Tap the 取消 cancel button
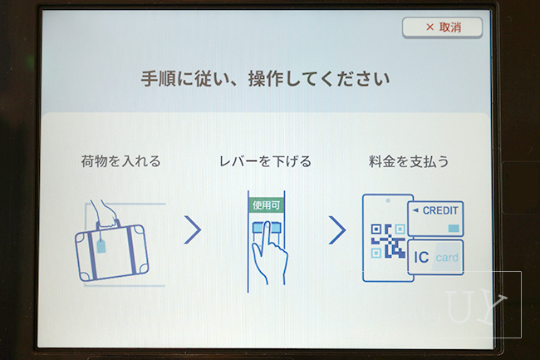tap(442, 27)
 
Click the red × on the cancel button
tap(430, 27)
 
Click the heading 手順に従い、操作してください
tap(263, 81)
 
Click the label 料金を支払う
tap(409, 161)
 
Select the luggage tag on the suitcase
tap(101, 244)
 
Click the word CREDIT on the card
tap(440, 210)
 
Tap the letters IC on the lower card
tap(421, 258)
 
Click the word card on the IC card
tap(447, 259)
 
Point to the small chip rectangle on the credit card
tap(454, 227)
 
